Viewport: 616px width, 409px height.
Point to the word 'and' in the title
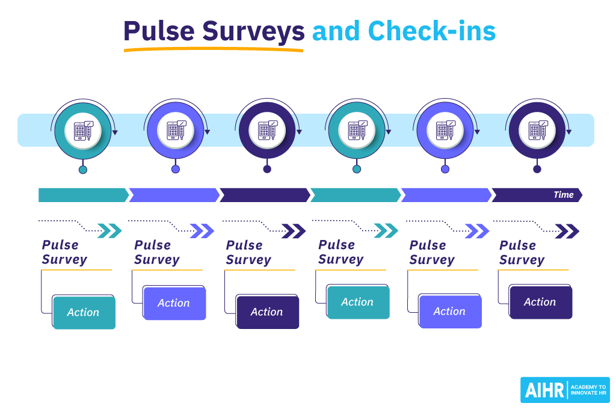coord(337,31)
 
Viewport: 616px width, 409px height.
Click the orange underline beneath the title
coord(214,50)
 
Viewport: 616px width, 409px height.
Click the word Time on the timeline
coord(563,195)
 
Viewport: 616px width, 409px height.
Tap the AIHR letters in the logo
coord(545,390)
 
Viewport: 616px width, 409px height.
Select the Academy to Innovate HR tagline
coord(588,390)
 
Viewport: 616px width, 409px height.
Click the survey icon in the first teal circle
coord(83,131)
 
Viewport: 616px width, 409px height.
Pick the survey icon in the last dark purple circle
coord(537,131)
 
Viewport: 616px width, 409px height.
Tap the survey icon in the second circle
coord(176,131)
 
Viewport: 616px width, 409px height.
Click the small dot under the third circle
coord(267,169)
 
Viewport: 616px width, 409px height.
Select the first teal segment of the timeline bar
coord(82,195)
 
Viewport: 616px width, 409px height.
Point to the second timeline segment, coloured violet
coord(173,195)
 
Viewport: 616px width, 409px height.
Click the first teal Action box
coord(84,313)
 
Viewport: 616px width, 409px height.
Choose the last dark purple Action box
coord(540,303)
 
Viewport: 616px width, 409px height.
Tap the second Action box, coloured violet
coord(174,304)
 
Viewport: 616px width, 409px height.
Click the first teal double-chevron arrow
coord(109,231)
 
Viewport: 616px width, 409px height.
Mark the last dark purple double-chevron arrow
coord(567,232)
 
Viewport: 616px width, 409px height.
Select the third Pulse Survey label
coord(248,253)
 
